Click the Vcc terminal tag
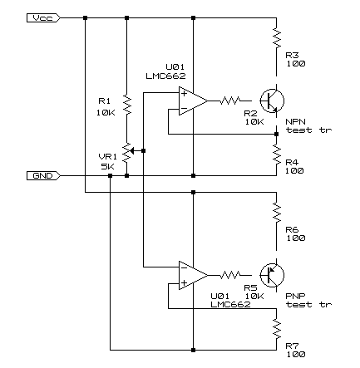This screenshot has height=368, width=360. [43, 18]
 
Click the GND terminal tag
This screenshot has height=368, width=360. [43, 176]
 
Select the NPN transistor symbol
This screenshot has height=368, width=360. [272, 101]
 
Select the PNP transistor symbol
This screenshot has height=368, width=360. [272, 275]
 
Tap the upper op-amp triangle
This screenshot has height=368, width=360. [193, 101]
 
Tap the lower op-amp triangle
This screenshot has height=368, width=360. [193, 275]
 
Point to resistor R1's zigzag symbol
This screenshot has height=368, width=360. [127, 105]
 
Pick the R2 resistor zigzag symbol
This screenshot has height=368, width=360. [229, 101]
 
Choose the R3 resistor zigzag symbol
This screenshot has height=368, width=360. [276, 37]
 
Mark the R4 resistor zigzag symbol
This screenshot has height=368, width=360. [276, 155]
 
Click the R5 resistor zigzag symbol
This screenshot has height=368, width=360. [229, 275]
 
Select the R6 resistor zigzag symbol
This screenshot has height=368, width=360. [276, 212]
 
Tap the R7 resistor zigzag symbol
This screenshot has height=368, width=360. [276, 329]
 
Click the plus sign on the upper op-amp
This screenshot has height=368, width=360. [184, 94]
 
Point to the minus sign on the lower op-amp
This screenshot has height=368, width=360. [184, 267]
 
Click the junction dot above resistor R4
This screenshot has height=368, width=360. [276, 135]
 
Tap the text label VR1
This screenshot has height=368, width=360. [108, 157]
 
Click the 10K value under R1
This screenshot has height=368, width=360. [106, 113]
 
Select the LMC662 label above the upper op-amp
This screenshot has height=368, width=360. [165, 76]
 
